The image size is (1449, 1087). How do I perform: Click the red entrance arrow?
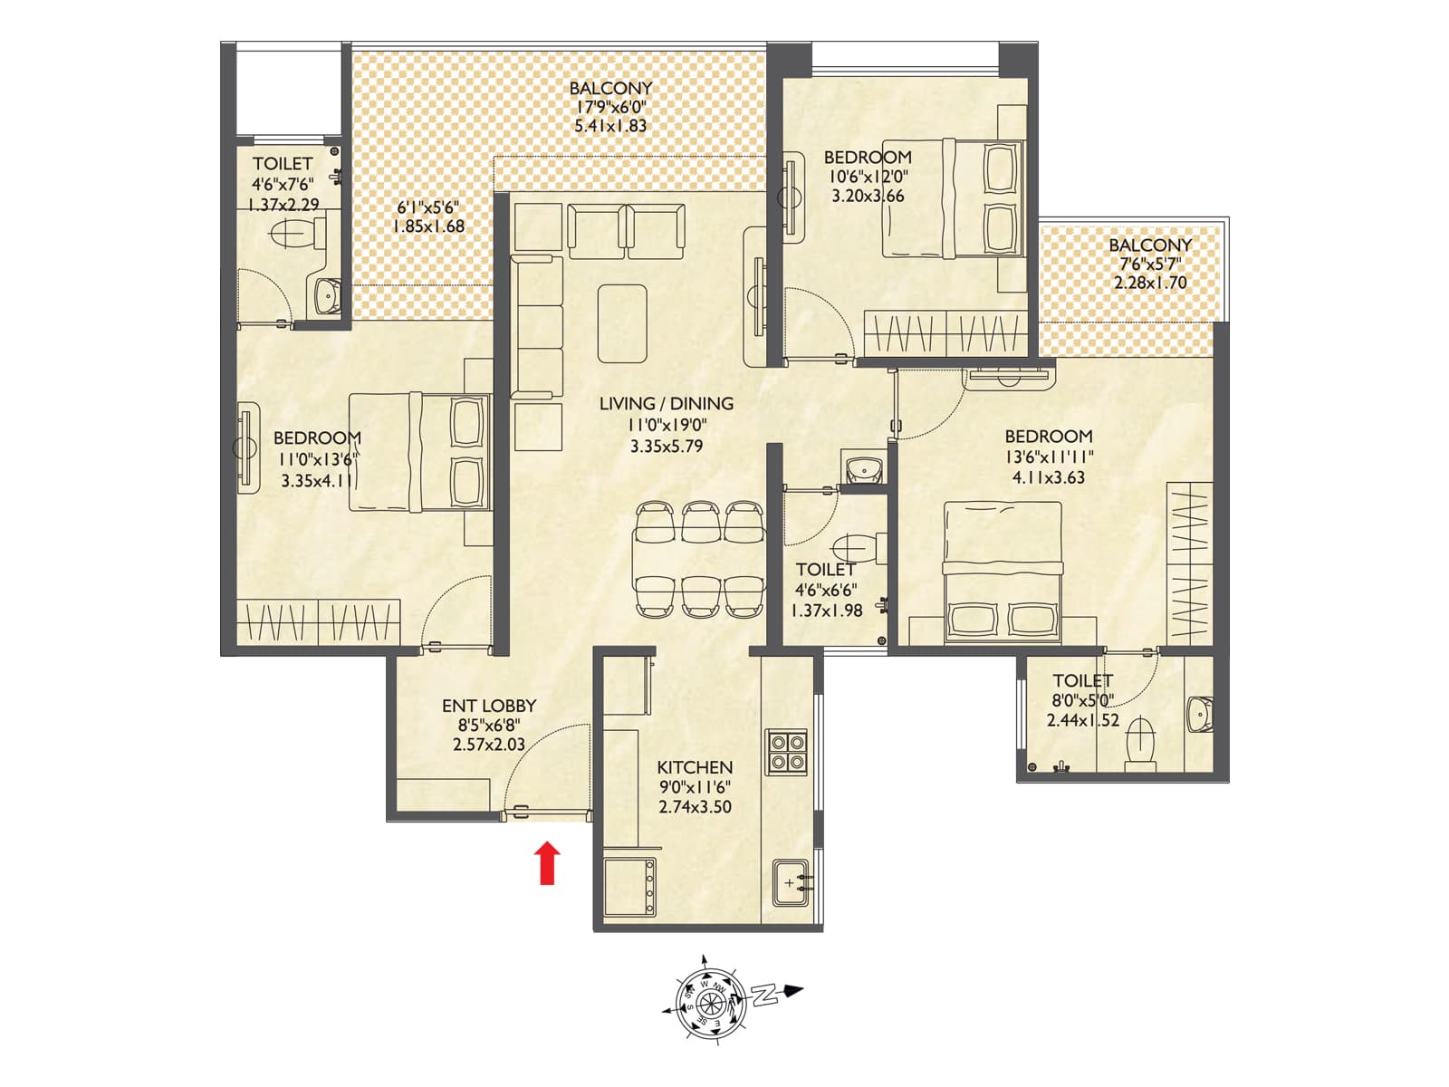pos(546,863)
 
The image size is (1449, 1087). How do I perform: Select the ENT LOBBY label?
pos(489,706)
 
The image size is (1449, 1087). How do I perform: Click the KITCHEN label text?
pos(695,767)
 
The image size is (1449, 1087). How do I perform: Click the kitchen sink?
pos(794,882)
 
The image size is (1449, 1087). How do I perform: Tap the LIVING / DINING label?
pos(667,404)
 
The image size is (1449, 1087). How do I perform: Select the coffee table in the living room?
pos(622,323)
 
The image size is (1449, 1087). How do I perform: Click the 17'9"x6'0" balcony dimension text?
pos(611,108)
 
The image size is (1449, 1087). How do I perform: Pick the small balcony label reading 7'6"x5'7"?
pos(1150,265)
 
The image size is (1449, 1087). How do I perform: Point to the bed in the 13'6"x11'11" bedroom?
pos(1002,572)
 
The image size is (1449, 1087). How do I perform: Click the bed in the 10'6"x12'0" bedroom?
pos(954,198)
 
